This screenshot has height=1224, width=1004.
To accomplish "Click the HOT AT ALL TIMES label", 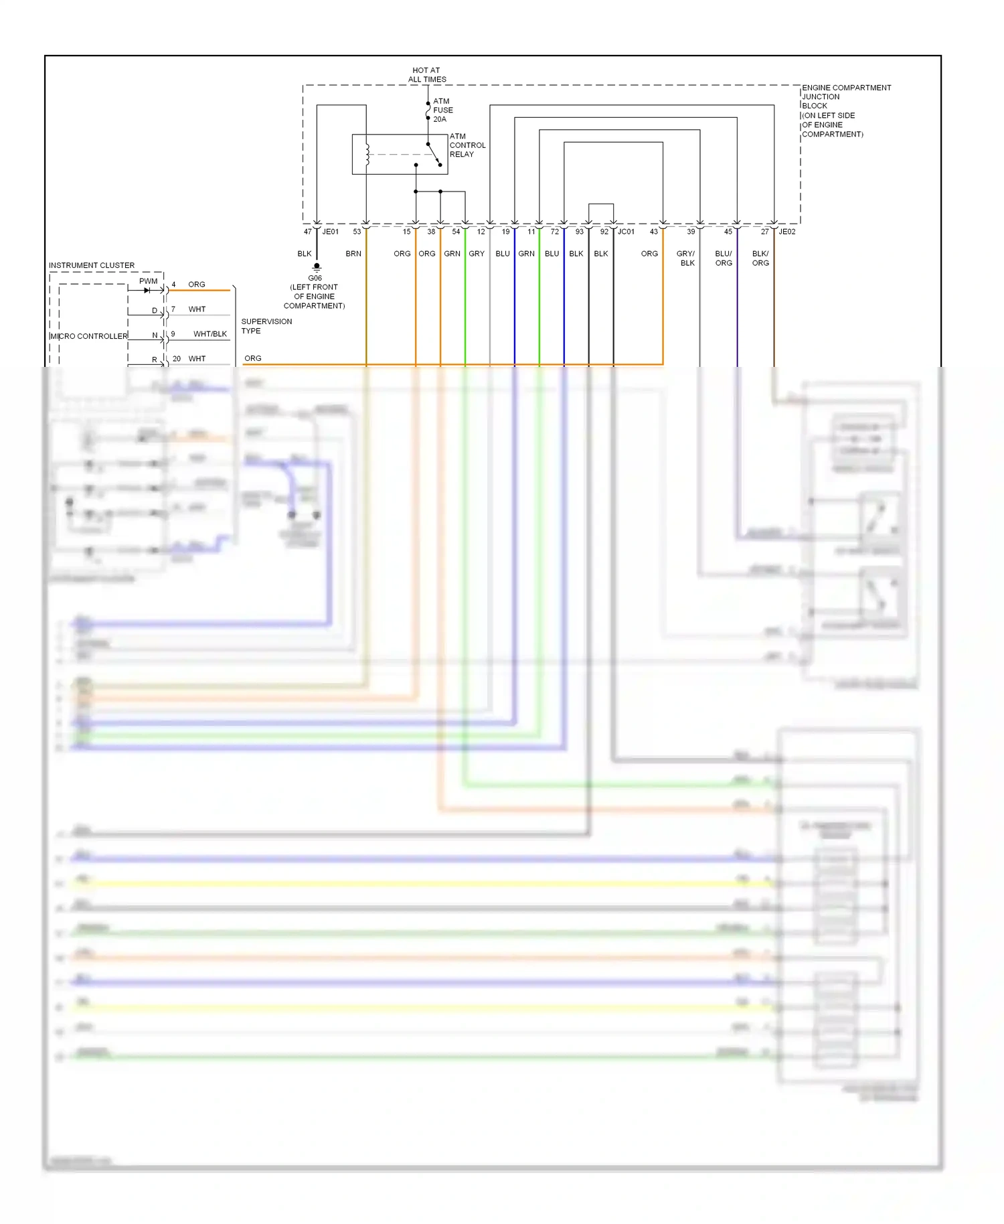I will tap(427, 74).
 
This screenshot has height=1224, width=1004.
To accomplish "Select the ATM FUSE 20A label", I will tap(442, 110).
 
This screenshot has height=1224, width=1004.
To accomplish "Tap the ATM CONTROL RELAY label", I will tap(467, 145).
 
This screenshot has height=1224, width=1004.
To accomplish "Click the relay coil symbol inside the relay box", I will tap(367, 154).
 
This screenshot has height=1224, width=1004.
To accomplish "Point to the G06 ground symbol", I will tap(317, 266).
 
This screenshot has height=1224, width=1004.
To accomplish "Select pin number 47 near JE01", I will tap(307, 232).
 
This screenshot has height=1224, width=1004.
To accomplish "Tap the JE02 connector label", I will tap(787, 232).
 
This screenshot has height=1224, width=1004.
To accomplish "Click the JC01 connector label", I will tap(626, 232).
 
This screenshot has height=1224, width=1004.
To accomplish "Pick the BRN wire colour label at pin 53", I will tap(353, 254).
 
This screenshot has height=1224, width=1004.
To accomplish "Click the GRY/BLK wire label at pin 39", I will tap(686, 258).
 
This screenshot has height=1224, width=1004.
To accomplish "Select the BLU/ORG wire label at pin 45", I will tap(724, 258).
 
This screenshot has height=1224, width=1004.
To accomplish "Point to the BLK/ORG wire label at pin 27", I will tap(760, 258).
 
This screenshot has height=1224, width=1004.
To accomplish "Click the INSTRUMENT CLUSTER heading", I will tap(92, 265).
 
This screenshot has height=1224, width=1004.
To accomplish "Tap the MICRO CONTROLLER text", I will tap(88, 336).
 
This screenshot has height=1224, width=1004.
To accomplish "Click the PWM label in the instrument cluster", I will tap(148, 281).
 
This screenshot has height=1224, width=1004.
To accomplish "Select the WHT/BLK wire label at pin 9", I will tap(210, 334).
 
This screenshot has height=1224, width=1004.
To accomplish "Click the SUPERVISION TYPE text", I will tap(266, 326).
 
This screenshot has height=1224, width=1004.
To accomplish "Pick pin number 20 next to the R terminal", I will tap(177, 359).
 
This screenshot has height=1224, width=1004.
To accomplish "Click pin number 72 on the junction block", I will tap(554, 232).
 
